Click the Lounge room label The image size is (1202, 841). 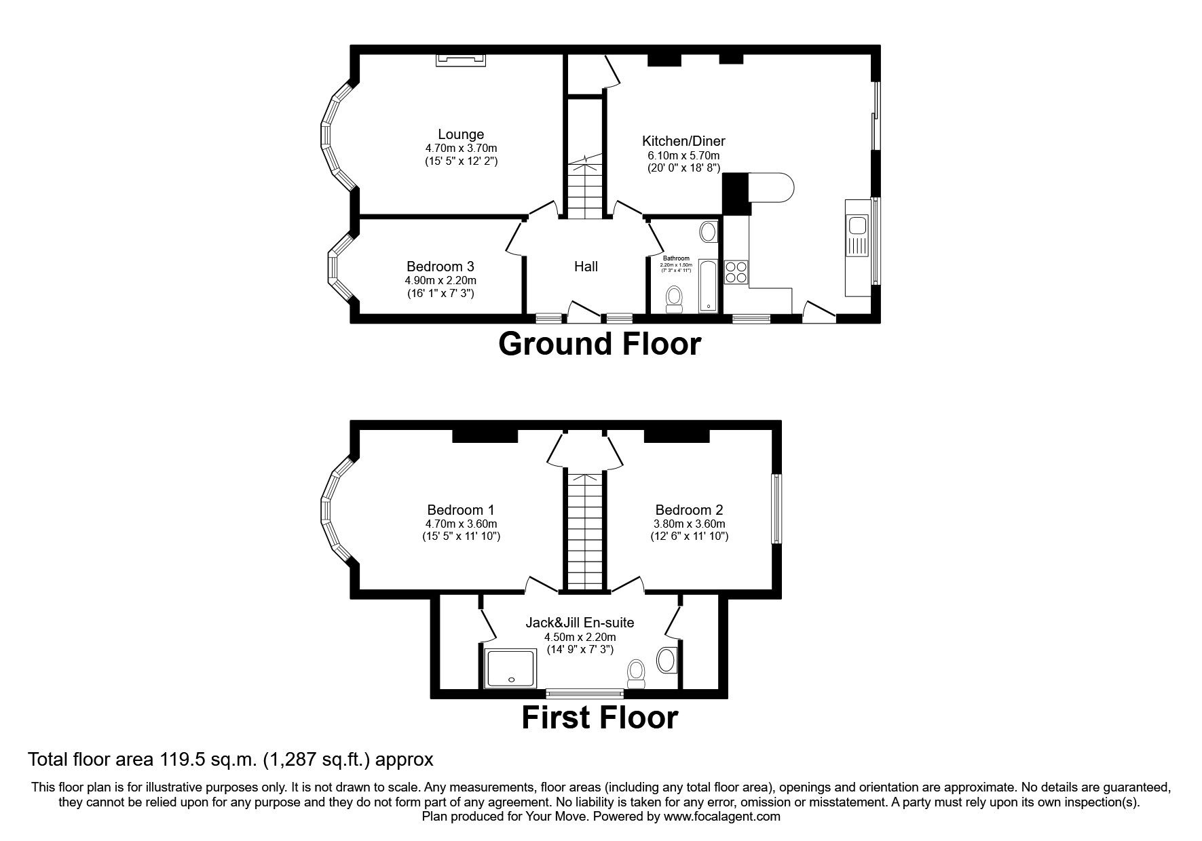pos(461,134)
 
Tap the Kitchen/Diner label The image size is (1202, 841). pos(683,141)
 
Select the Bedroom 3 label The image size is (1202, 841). pos(440,267)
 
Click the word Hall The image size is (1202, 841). pos(586,267)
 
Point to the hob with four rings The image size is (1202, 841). pos(736,272)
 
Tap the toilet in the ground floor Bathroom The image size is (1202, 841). pos(674,298)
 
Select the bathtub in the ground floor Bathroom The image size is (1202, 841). pos(708,285)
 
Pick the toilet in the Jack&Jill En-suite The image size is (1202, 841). pos(636,673)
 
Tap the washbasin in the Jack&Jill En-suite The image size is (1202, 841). pos(666,659)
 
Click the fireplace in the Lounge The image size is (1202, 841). pos(461,60)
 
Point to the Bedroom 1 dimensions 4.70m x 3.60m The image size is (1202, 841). pos(461,524)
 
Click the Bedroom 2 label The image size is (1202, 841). pos(689,510)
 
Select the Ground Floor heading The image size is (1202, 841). pos(599,344)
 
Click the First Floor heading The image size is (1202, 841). pos(599,718)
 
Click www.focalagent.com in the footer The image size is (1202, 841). pos(721,817)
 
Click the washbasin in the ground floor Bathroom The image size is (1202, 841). pos(709,233)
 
